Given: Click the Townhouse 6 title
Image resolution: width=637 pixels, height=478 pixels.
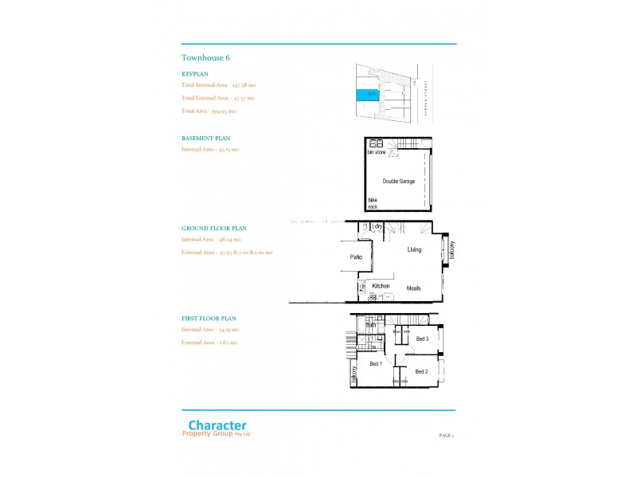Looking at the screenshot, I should (x=206, y=57).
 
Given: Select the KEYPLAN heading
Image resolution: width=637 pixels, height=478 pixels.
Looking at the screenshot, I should (x=195, y=73).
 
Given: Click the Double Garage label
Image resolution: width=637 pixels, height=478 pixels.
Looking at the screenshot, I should (x=398, y=182).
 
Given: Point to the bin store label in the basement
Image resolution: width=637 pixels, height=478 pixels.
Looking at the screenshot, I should (x=376, y=151).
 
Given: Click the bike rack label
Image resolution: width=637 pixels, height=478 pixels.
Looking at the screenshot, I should (x=373, y=203).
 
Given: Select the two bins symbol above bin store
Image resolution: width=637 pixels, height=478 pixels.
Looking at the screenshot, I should (x=376, y=143).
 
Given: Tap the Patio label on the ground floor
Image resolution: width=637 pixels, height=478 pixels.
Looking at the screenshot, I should (x=357, y=257).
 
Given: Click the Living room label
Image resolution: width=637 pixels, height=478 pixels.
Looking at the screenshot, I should (x=414, y=250).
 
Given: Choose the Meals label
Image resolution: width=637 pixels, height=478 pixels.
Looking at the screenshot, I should (x=413, y=288).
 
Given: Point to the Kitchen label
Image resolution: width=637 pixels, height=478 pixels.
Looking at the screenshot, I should (x=381, y=286).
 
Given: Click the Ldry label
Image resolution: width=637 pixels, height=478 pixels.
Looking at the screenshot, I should (x=377, y=227).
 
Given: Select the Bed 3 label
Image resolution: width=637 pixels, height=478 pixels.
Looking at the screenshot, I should (x=422, y=339).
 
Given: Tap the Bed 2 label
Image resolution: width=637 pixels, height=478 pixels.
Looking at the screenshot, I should (x=422, y=372).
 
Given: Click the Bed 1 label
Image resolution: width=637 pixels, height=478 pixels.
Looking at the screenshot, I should (x=376, y=364).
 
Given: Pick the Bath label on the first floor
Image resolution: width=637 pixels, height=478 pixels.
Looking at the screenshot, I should (x=371, y=325).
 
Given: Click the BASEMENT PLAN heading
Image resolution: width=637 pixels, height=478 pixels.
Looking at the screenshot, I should (x=205, y=138).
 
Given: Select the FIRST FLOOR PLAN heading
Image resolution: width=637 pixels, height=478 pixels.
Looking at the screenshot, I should (x=209, y=318).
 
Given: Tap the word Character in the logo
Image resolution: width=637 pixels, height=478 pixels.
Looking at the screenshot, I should (x=217, y=425).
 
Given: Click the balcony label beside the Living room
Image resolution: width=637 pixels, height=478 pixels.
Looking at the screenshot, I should (x=451, y=250).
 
